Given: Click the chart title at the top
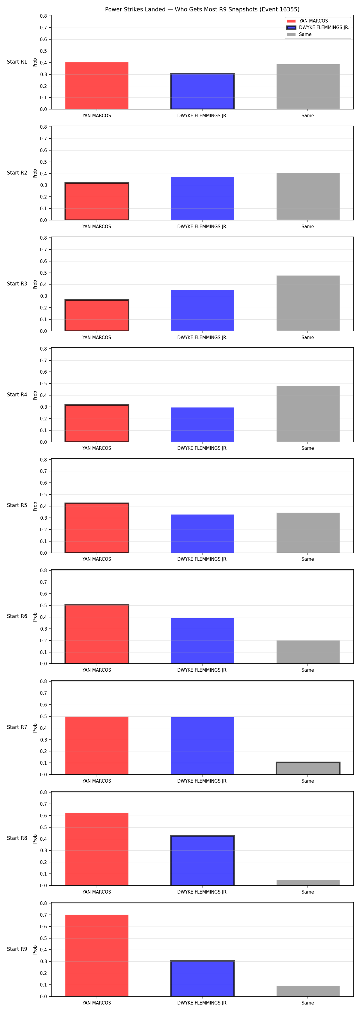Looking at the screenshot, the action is tap(202, 9).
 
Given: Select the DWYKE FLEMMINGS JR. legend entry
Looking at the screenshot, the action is tap(318, 28).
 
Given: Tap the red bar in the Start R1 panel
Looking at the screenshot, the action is tap(97, 86).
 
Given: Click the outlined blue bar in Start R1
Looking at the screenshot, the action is tap(202, 91).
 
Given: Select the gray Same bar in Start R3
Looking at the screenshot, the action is tap(308, 303).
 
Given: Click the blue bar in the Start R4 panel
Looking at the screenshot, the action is tap(202, 425).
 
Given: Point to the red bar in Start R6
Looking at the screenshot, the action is tap(97, 634).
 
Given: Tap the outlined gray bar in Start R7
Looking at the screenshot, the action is tap(308, 769).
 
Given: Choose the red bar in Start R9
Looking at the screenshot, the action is tap(97, 955).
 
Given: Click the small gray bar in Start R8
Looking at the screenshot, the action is tap(308, 883).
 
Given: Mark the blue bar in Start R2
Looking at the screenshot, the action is tap(202, 199).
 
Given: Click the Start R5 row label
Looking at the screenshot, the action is tap(17, 505).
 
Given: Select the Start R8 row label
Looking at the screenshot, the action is tap(17, 838).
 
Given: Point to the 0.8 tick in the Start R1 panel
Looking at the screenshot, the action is tap(43, 16).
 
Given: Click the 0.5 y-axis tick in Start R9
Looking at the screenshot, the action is tap(43, 938).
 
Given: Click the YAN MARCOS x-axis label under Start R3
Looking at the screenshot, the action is tap(97, 337).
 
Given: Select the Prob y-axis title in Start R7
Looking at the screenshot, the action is tap(35, 728).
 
